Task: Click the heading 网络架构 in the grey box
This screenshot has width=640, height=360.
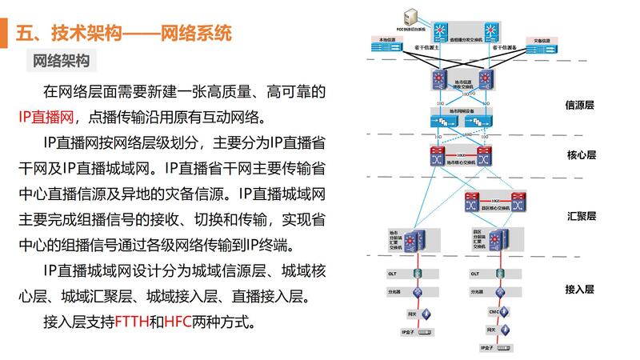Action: coord(61,61)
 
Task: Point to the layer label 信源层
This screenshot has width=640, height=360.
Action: coord(580,105)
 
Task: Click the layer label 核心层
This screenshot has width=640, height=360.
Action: coord(580,156)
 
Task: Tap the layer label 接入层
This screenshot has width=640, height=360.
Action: coord(580,289)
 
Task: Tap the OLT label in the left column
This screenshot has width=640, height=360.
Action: coord(393,273)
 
